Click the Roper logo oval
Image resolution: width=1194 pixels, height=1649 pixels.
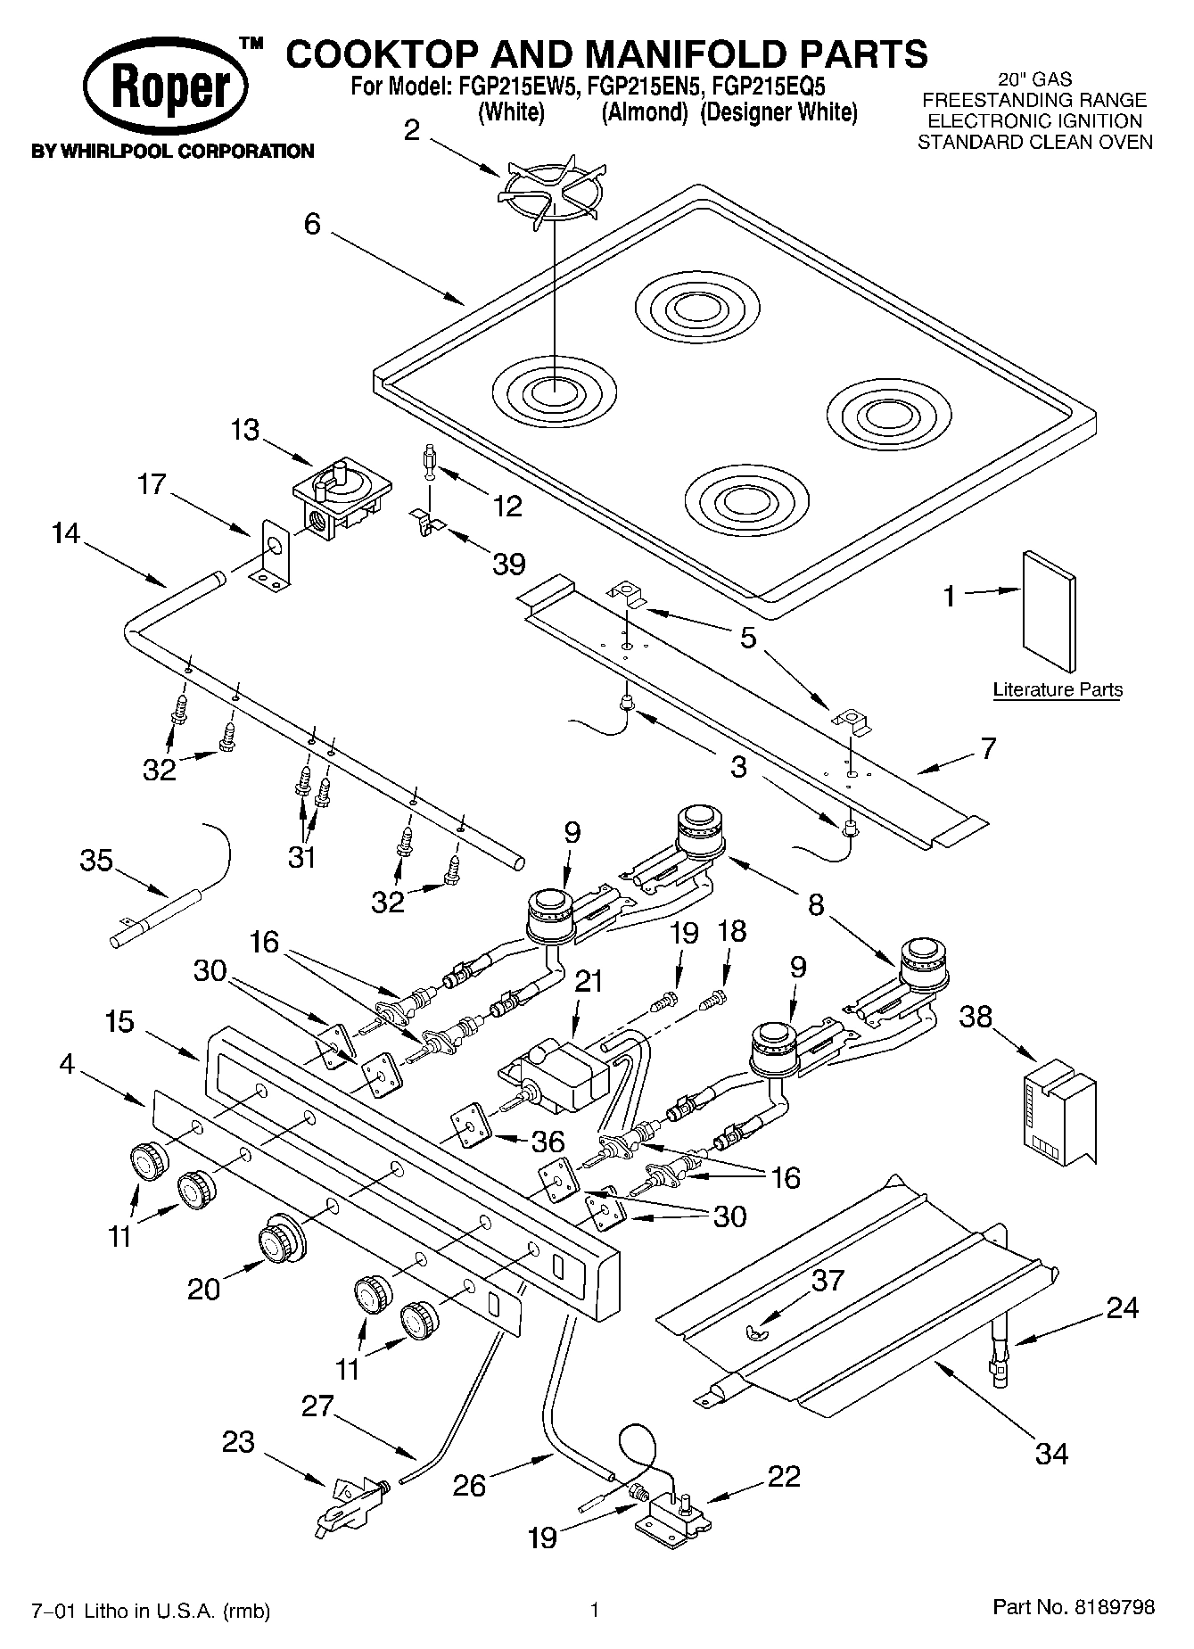pos(167,89)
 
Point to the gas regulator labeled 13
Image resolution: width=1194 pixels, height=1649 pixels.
pos(341,498)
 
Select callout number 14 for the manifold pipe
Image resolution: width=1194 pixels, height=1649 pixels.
pos(65,534)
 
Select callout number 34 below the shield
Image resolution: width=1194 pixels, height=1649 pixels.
pos(1051,1453)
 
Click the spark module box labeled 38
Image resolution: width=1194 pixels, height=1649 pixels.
pos(1058,1109)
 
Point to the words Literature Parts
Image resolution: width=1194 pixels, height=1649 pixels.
pos(1058,689)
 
